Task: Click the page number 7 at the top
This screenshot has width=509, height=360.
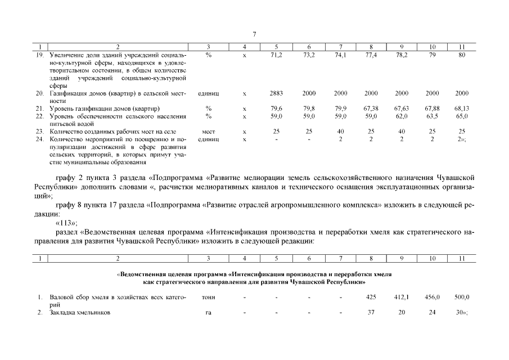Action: (254, 35)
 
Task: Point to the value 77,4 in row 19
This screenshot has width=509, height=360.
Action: (371, 56)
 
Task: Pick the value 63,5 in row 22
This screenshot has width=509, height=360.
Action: (432, 116)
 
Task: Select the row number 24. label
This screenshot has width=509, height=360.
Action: (40, 138)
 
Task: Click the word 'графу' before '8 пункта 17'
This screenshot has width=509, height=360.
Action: (69, 206)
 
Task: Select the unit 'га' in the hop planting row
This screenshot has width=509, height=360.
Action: (208, 312)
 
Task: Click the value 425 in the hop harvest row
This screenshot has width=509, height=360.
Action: (371, 296)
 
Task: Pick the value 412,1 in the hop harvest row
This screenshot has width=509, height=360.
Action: (402, 296)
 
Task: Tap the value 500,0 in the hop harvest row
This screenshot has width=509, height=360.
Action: (462, 296)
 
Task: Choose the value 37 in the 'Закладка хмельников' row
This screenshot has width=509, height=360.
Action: (371, 312)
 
